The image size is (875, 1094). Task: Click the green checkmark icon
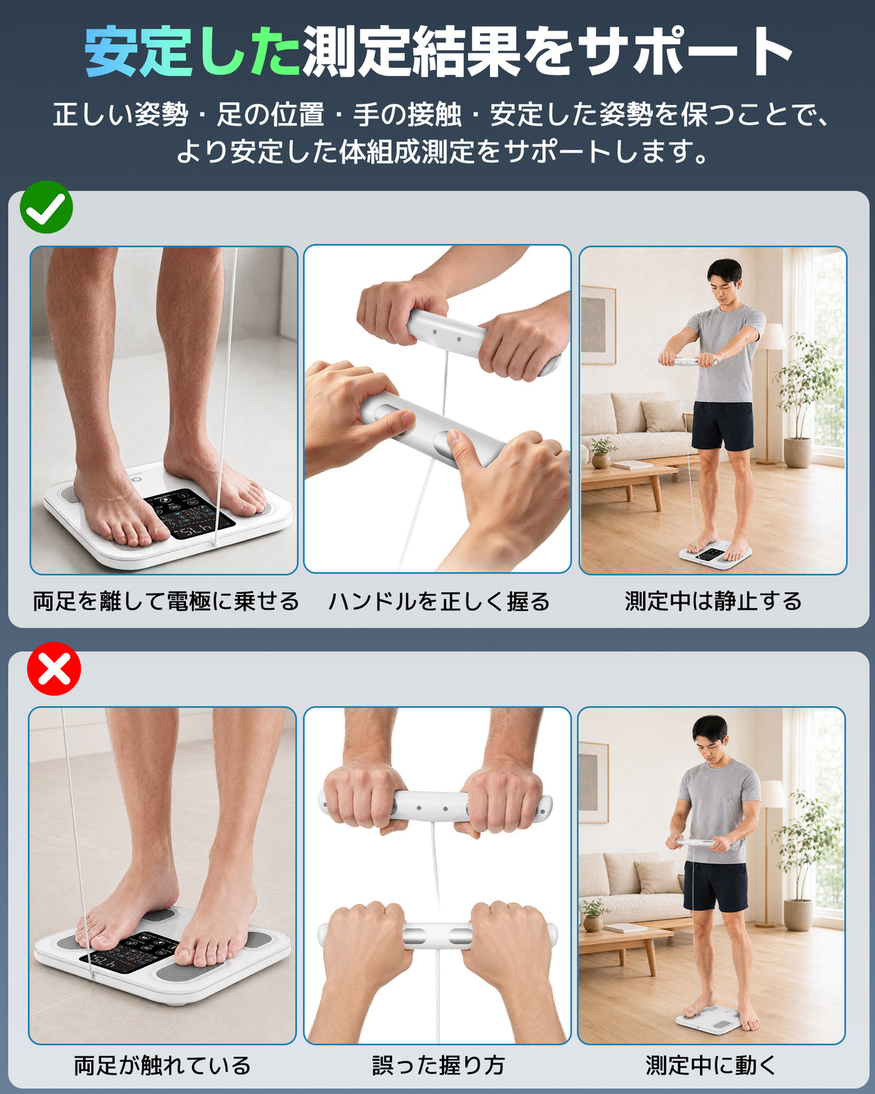(x=46, y=207)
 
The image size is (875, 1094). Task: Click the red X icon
(x=54, y=669)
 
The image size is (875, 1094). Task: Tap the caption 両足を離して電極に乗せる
(x=166, y=601)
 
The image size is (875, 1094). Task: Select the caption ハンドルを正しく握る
(x=439, y=602)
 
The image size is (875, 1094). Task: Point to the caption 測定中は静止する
(x=713, y=601)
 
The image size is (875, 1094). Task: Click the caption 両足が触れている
(x=162, y=1065)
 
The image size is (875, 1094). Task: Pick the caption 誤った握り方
(x=438, y=1065)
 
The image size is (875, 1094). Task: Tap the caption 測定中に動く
(x=711, y=1065)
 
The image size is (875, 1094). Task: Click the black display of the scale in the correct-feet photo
(x=190, y=513)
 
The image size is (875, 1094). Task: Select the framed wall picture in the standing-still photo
(x=599, y=325)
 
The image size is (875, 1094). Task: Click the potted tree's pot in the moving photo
(x=798, y=915)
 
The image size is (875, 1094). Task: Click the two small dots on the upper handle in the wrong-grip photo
(x=432, y=808)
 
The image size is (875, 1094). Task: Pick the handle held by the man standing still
(x=688, y=362)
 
